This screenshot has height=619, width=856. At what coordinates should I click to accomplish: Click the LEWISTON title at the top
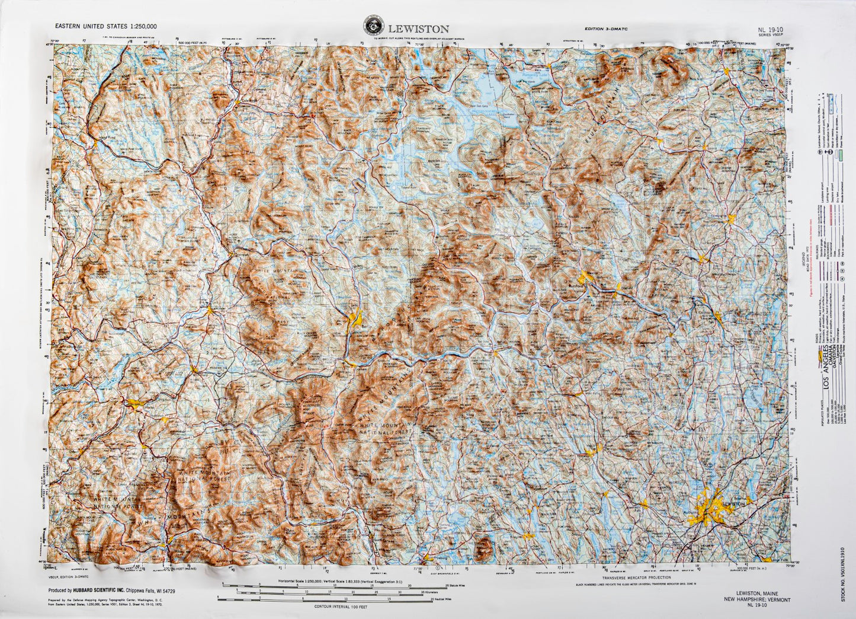tap(418, 28)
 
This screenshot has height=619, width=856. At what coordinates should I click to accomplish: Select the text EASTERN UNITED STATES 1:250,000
tap(105, 27)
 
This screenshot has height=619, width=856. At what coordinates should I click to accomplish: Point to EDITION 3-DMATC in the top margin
tap(603, 28)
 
